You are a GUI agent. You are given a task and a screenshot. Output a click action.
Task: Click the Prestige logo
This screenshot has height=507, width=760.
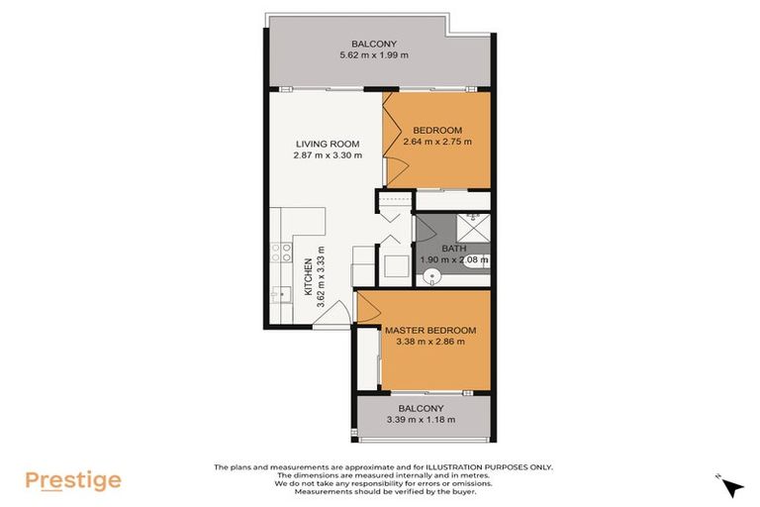coord(73,481)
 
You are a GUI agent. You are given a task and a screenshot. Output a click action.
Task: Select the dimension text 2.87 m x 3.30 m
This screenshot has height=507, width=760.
coord(328,155)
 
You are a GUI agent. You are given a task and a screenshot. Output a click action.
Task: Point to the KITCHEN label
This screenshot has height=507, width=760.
coord(308,278)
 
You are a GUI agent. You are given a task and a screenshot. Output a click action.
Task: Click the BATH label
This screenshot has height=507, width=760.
coord(453,249)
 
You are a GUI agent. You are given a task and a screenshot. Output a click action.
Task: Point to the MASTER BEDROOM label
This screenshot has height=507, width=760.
coord(430,330)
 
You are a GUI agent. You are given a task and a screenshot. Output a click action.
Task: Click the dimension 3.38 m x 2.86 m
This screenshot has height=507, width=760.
coord(430,342)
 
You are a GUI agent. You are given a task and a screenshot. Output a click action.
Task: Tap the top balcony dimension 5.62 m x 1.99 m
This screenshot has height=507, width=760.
coord(367,55)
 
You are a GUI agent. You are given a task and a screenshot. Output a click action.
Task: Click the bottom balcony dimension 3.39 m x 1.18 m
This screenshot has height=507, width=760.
coord(421,420)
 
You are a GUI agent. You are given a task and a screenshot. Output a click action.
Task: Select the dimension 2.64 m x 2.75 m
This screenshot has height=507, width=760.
coord(436,142)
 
